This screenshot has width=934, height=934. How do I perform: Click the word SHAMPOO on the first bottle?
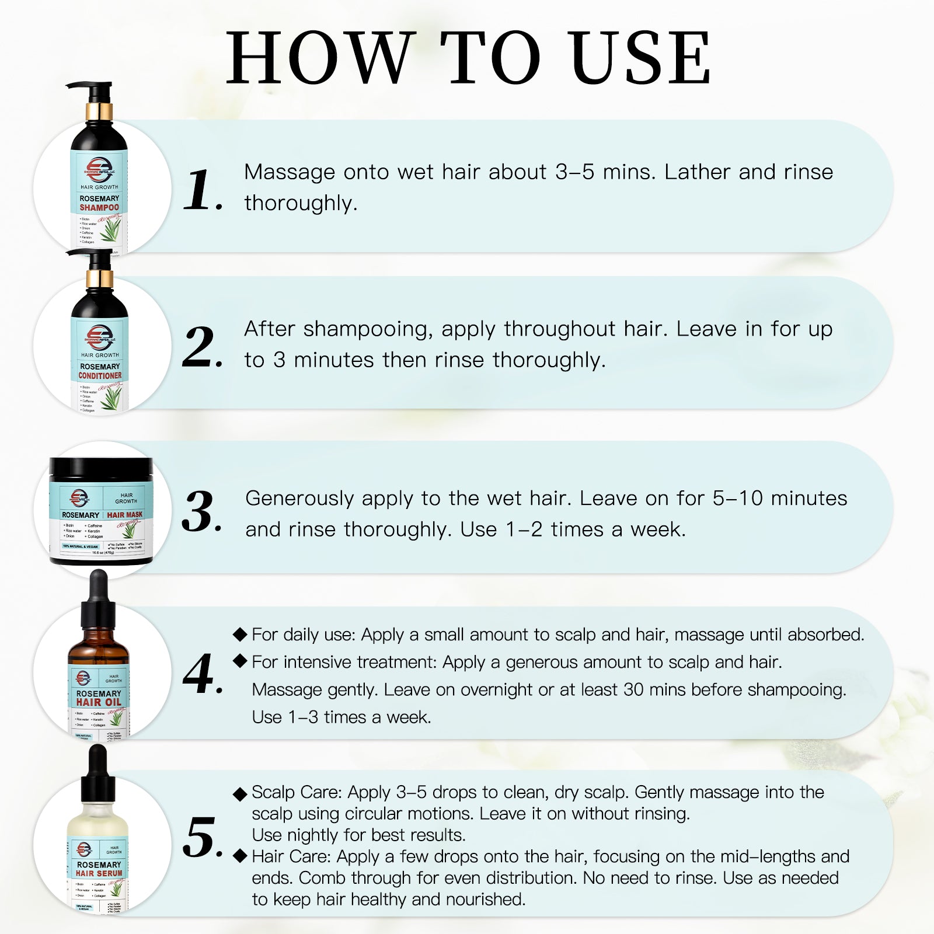point(99,208)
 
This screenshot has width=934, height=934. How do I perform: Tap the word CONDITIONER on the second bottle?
point(100,376)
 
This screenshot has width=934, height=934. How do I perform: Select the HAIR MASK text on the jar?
point(125,515)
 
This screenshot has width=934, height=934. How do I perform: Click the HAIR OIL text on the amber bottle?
point(99,703)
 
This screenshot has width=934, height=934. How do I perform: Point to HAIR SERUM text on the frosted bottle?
point(99,874)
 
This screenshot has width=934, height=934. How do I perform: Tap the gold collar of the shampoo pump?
point(99,110)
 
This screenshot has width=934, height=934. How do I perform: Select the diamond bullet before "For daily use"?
point(239,635)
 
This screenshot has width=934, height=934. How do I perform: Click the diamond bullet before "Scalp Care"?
point(239,794)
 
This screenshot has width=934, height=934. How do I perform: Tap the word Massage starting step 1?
point(290,172)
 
